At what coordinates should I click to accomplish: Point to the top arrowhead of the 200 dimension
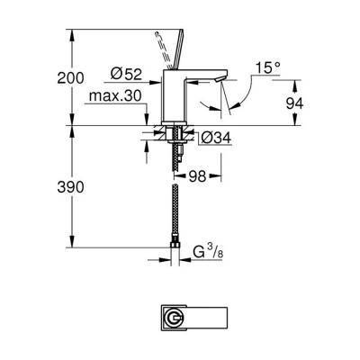(70, 33)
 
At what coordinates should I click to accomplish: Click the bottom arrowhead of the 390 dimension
(70, 245)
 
